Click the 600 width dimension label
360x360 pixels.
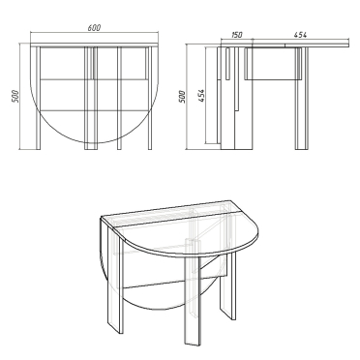click(94, 28)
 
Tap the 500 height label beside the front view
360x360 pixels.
click(15, 97)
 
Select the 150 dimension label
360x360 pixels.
click(236, 35)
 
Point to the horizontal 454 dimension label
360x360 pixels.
click(300, 35)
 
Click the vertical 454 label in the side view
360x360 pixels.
click(201, 96)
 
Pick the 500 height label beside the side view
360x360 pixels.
click(182, 97)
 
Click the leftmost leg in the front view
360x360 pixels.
click(38, 98)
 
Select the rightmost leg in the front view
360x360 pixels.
click(150, 98)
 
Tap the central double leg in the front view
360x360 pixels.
click(91, 98)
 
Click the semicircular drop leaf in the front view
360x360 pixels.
click(94, 142)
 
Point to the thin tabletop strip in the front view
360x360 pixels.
click(94, 45)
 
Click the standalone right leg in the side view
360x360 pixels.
click(301, 99)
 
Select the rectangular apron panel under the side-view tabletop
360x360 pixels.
click(271, 64)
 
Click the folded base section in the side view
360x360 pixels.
click(235, 99)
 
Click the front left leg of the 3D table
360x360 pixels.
click(116, 284)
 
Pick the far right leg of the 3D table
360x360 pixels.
click(227, 284)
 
